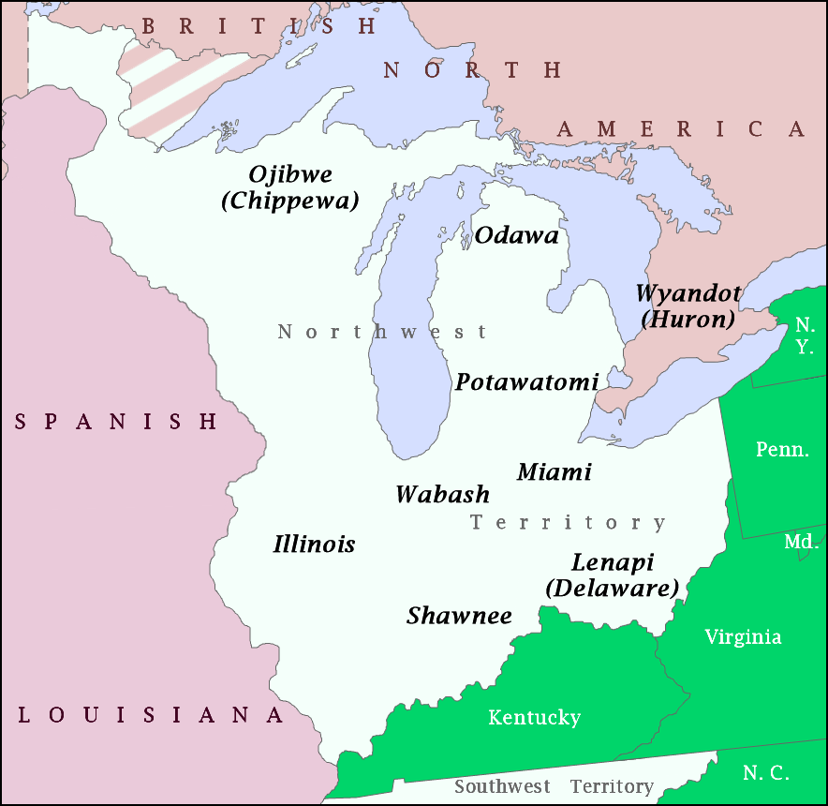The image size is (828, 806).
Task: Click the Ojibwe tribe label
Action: coord(290,175)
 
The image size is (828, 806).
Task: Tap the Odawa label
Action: coord(516,236)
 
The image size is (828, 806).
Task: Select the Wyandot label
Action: coord(688,293)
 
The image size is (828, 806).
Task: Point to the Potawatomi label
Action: coord(526,382)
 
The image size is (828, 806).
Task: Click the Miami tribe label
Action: coord(554,472)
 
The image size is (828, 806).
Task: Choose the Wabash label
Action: coord(442,495)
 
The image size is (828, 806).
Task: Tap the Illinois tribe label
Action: coord(314,545)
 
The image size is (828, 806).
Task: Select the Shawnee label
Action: coord(459,616)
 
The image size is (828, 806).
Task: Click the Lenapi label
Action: coord(613,563)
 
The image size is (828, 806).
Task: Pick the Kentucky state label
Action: coord(534,718)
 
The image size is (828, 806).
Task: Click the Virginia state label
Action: coord(743,637)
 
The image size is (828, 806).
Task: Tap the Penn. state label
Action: coord(782,450)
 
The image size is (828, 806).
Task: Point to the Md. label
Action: coord(802,543)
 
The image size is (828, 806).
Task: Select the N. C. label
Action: coord(765,773)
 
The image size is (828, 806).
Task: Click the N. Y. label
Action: coord(805,336)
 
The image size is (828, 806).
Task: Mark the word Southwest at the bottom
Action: coord(502,786)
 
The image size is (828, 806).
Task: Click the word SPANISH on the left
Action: coord(116,423)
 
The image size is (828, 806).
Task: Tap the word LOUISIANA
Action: coord(151,716)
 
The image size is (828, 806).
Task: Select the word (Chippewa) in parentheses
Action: coord(290,201)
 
